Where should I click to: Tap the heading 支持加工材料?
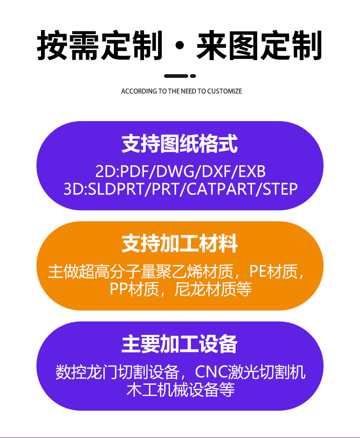point(180,244)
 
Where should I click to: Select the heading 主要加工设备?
point(180,344)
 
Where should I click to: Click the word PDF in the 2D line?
point(135,172)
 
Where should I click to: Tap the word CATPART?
point(223,188)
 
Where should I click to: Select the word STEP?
point(280,188)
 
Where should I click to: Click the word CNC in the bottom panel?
point(211,372)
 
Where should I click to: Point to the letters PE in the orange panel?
point(258,272)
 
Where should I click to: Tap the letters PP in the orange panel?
point(119,289)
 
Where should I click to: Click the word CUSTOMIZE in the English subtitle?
point(225,91)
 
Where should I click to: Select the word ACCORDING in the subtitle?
point(139,91)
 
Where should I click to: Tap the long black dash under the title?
point(176,76)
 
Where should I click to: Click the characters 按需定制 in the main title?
point(99,46)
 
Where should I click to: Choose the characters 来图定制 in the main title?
point(259,46)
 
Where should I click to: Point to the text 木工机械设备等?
point(180,390)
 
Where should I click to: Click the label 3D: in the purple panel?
point(74,188)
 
